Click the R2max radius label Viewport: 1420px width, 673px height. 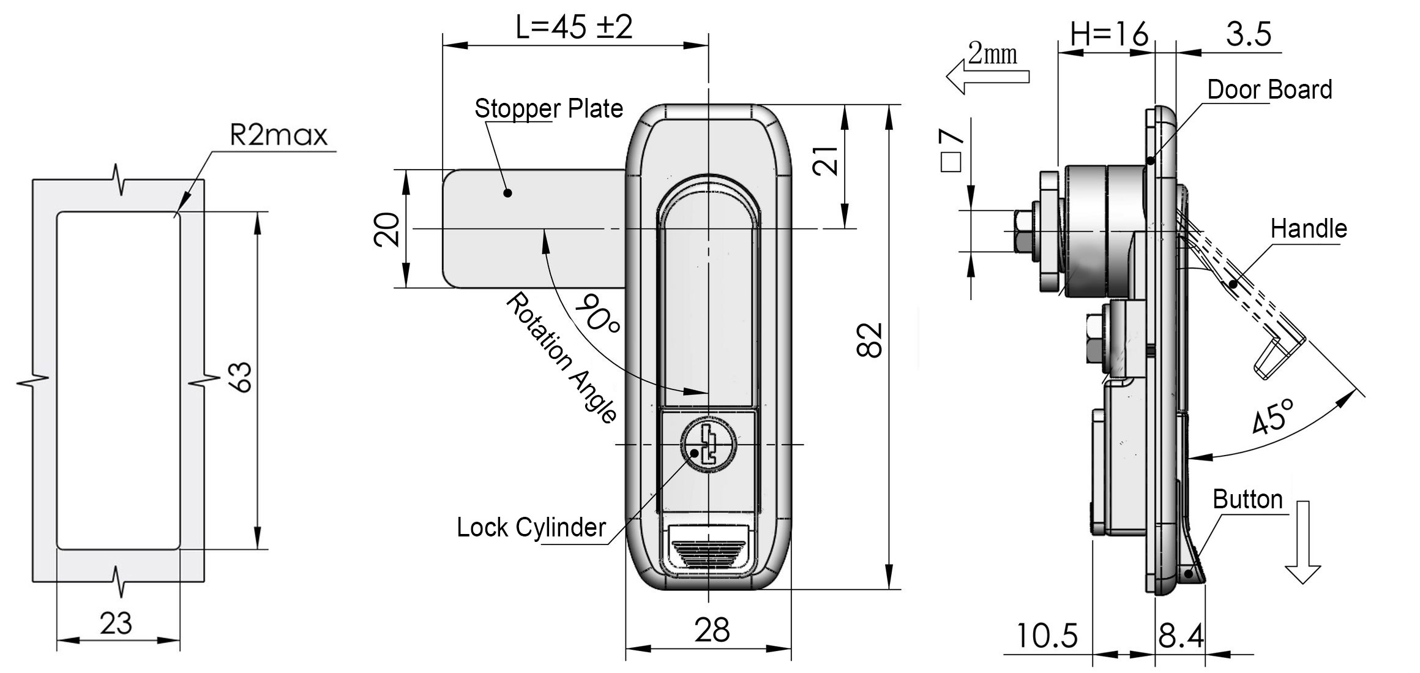(278, 135)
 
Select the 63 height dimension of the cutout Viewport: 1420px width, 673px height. (243, 377)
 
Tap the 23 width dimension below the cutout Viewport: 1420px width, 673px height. (116, 624)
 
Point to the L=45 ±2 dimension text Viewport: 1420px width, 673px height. (574, 28)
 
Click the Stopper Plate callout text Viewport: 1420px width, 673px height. (548, 109)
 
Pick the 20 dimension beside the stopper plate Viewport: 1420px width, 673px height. (387, 229)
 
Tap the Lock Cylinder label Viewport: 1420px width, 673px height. (531, 527)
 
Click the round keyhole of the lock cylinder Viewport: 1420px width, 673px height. (709, 446)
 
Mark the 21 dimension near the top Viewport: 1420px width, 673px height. (827, 161)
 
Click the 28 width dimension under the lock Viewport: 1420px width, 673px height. (712, 630)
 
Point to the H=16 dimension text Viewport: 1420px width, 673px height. (1108, 34)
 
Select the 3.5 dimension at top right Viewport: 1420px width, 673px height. (1249, 34)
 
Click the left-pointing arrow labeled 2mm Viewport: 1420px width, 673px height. (987, 78)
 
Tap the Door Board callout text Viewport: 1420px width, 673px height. (1269, 90)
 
